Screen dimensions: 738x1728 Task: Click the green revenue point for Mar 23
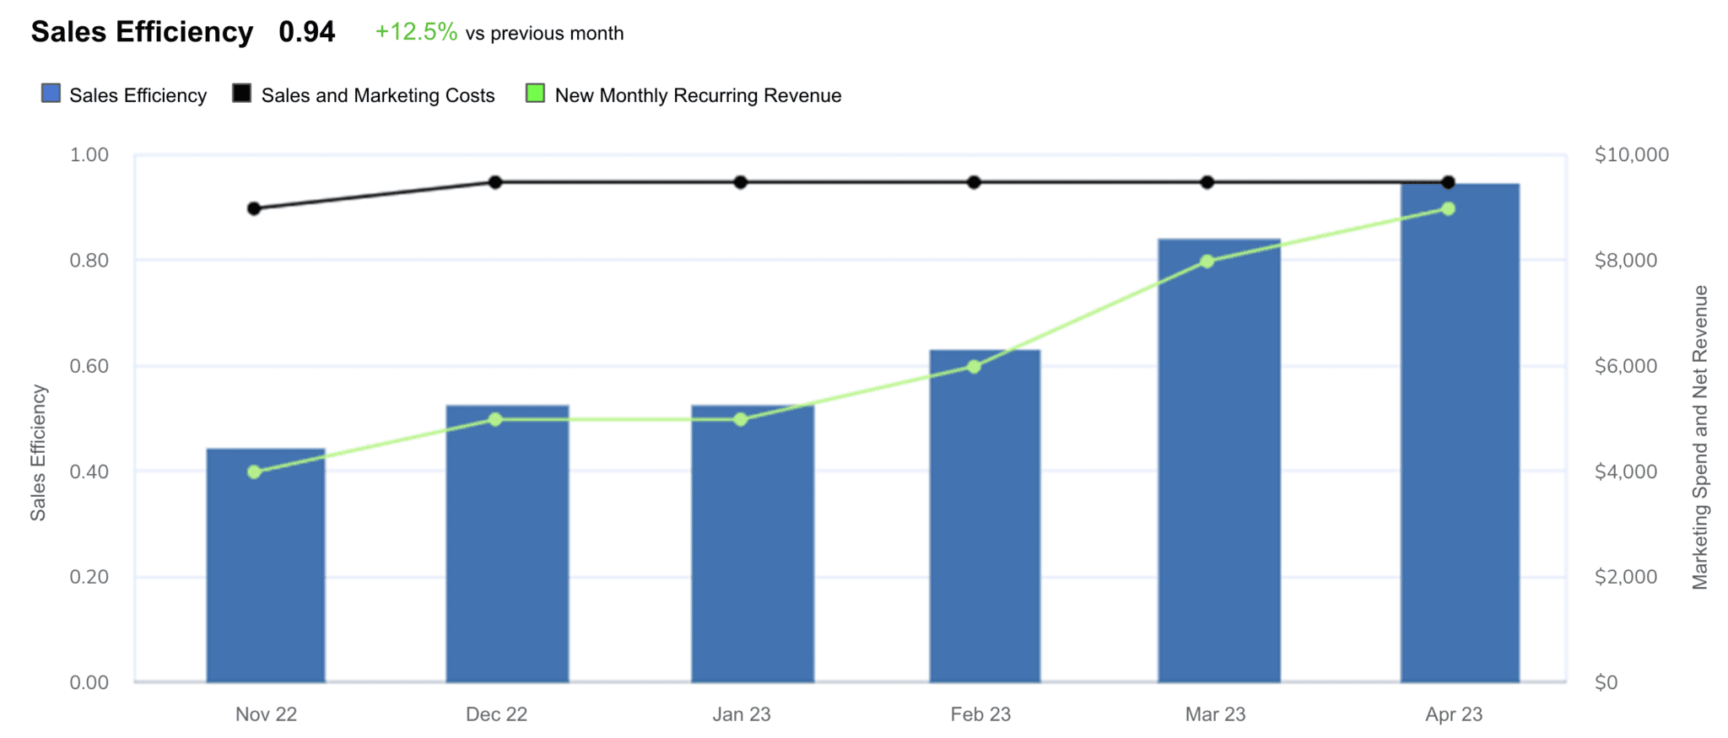pos(1207,261)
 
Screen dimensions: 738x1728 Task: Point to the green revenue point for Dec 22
pos(495,419)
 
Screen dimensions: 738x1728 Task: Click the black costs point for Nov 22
pos(254,208)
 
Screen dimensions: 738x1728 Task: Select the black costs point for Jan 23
pos(741,182)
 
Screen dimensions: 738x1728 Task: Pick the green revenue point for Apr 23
pos(1449,208)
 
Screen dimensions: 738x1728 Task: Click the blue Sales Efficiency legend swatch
pos(51,94)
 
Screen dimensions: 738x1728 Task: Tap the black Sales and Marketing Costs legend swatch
pos(242,94)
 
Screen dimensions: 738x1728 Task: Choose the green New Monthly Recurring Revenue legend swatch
pos(535,94)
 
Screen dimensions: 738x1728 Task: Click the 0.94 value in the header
pos(307,32)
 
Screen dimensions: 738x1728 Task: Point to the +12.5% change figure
pos(416,32)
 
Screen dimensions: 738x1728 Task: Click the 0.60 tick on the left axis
pos(89,366)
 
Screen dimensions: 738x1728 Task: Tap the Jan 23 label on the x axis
pos(742,714)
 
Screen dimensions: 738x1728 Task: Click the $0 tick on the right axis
pos(1606,682)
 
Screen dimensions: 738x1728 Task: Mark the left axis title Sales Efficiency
pos(38,453)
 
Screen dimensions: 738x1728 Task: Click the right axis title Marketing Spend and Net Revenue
pos(1700,437)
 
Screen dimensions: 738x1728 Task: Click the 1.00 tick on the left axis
pos(89,155)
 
